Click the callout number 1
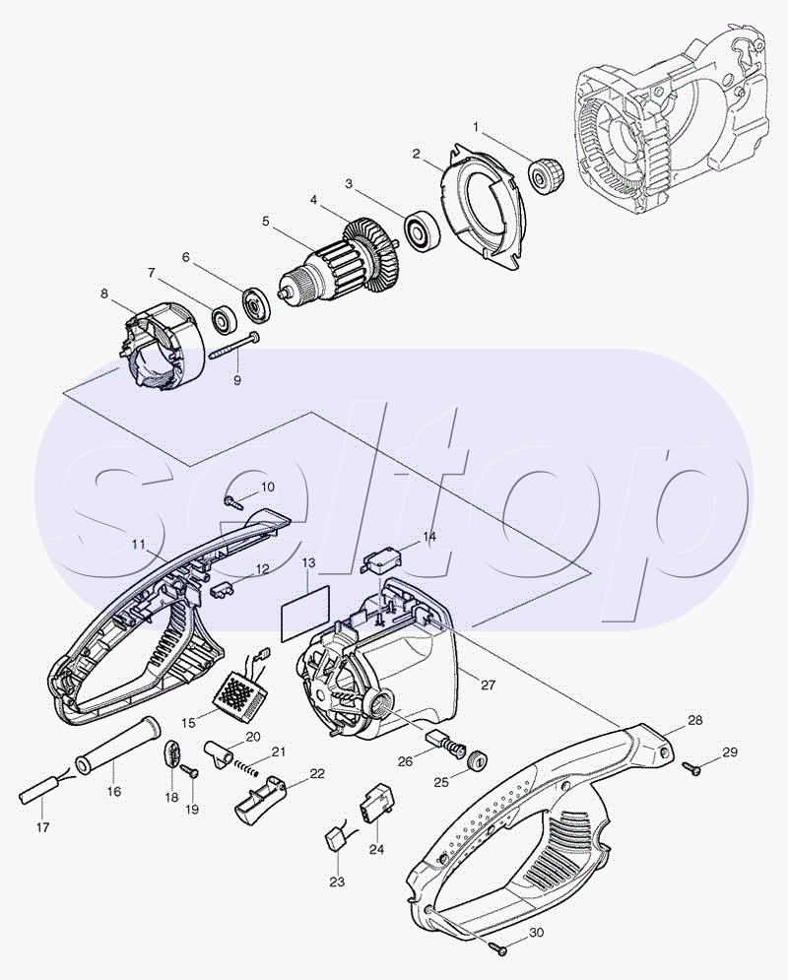click(x=477, y=127)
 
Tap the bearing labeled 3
click(x=423, y=230)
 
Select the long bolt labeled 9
click(x=235, y=346)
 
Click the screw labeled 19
click(x=190, y=772)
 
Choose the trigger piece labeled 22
click(x=259, y=795)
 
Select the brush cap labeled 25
click(x=477, y=761)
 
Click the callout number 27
click(x=488, y=685)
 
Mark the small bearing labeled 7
click(x=223, y=319)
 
